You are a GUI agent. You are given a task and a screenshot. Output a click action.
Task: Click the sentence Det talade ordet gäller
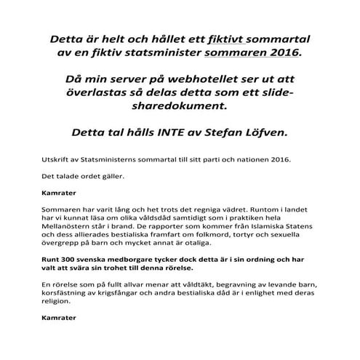(75, 177)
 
